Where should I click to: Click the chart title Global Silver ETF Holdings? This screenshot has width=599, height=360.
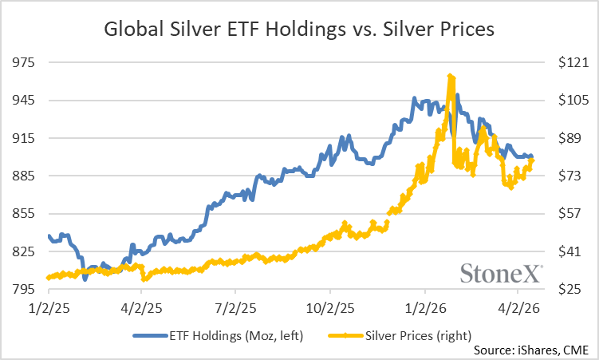pos(299,30)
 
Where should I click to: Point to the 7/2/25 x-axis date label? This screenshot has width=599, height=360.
pos(235,307)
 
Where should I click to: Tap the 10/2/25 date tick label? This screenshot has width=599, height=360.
pos(329,307)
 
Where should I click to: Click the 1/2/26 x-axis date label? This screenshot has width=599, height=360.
pos(424,307)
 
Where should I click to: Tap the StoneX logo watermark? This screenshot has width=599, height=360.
pos(502,273)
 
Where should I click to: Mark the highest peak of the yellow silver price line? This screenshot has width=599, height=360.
pos(451,76)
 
